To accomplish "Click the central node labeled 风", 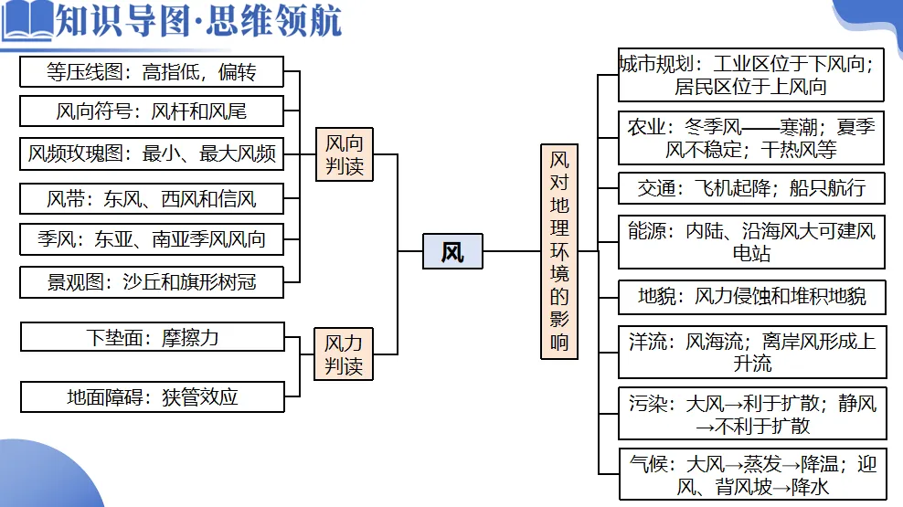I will tap(452, 251).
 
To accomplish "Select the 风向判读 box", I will tap(344, 154).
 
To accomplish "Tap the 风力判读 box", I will tap(344, 354).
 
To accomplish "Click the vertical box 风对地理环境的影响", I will tap(558, 251).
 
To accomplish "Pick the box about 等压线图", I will tap(152, 72).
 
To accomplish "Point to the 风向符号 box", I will tap(152, 112).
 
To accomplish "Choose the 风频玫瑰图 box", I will tap(152, 153).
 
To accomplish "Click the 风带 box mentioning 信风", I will tap(152, 197).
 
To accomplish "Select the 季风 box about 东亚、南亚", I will tap(152, 239).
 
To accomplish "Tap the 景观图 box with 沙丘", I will tap(152, 282).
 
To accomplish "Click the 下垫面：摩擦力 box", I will tap(153, 337).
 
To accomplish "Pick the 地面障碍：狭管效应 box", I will tap(153, 396).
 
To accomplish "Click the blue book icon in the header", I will tap(27, 20).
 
